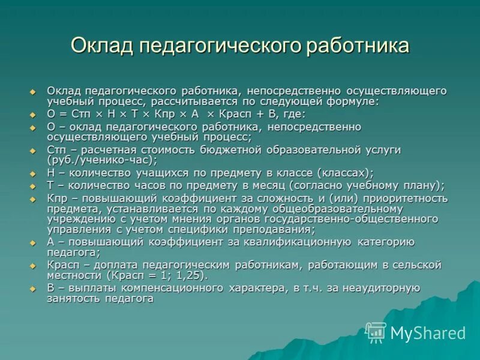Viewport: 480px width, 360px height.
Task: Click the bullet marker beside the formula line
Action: coord(34,113)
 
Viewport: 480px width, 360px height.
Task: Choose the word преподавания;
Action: coord(274,230)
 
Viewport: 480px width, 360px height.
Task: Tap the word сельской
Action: coord(419,265)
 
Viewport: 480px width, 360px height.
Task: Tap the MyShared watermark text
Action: coord(428,332)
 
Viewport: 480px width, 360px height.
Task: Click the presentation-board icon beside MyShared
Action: coord(376,332)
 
